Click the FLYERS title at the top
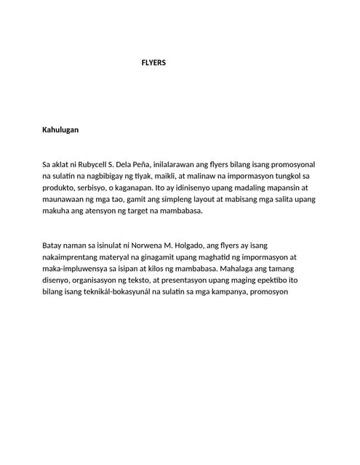click(153, 63)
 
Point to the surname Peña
click(140, 165)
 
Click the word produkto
click(61, 188)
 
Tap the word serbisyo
click(100, 188)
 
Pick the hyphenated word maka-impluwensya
click(81, 269)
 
